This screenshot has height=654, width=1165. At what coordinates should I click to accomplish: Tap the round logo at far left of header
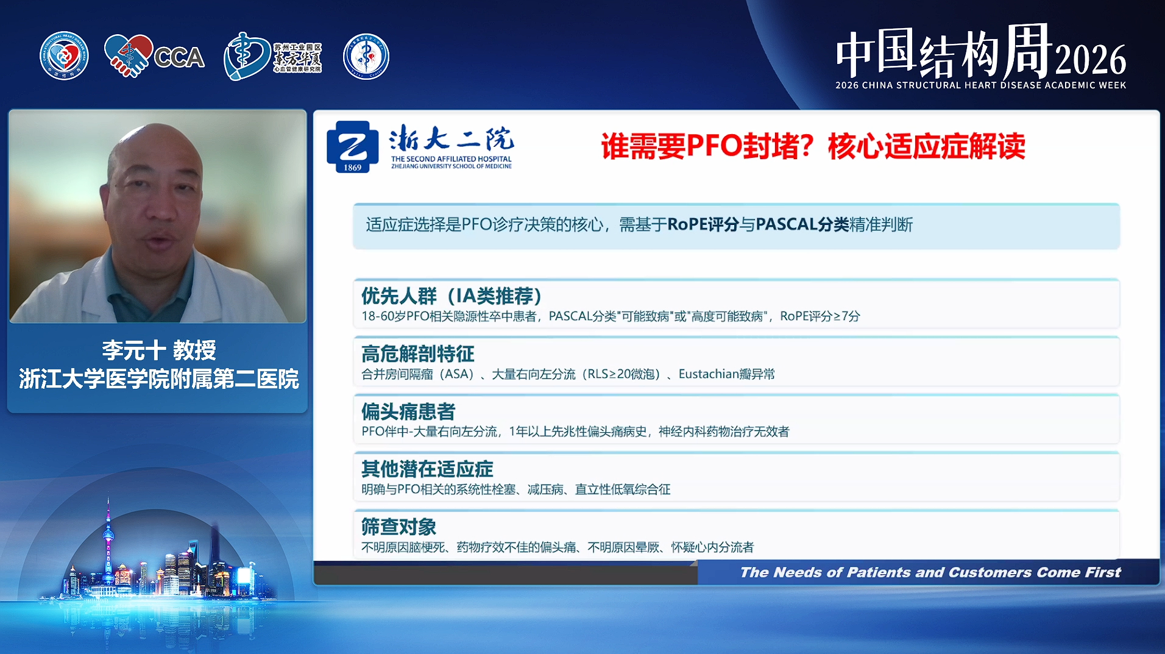[x=64, y=56]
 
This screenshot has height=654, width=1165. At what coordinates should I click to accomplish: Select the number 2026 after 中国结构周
[x=1091, y=60]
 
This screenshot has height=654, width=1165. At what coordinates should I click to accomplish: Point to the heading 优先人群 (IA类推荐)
[x=451, y=296]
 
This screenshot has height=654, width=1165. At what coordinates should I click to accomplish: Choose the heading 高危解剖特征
[x=418, y=354]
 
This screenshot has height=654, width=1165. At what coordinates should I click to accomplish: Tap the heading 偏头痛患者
[x=408, y=411]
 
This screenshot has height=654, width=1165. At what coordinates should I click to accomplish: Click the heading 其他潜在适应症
[x=427, y=469]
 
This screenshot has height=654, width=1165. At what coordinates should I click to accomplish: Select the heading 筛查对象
[x=399, y=527]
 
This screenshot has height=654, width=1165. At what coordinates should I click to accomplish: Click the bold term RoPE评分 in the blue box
[x=703, y=225]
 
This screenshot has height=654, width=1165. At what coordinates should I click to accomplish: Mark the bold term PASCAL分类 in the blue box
[x=802, y=225]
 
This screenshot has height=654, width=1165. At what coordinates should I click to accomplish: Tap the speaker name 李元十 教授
[x=159, y=350]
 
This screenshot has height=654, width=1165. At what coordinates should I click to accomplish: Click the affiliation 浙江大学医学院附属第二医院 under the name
[x=159, y=379]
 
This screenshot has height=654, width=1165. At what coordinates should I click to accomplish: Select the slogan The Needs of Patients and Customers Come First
[x=930, y=572]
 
